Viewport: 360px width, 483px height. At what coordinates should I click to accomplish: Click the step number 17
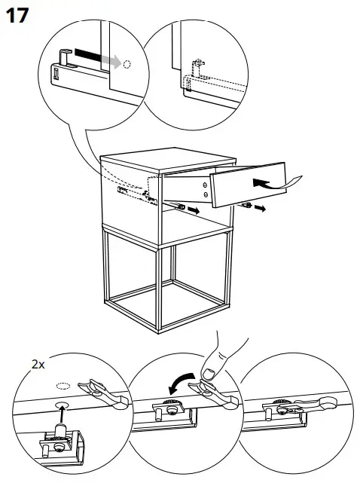(17, 15)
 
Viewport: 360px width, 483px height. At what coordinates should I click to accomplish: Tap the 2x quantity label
(38, 365)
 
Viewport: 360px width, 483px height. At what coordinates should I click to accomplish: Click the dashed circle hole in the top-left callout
(127, 64)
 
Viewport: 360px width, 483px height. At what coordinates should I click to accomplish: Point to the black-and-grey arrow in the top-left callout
(97, 57)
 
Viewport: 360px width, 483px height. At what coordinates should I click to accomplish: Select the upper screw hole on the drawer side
(205, 185)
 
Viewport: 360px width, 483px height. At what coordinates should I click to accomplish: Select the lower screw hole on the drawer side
(206, 194)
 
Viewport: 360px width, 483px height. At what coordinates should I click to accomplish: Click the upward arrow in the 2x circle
(63, 415)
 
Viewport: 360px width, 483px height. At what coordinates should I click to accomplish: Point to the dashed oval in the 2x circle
(63, 385)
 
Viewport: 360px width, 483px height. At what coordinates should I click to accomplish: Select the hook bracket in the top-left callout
(66, 57)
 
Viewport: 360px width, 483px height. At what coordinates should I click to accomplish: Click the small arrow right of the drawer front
(260, 209)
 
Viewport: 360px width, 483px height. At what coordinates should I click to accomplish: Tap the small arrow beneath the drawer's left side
(194, 210)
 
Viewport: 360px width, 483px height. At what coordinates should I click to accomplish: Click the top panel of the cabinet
(168, 159)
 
